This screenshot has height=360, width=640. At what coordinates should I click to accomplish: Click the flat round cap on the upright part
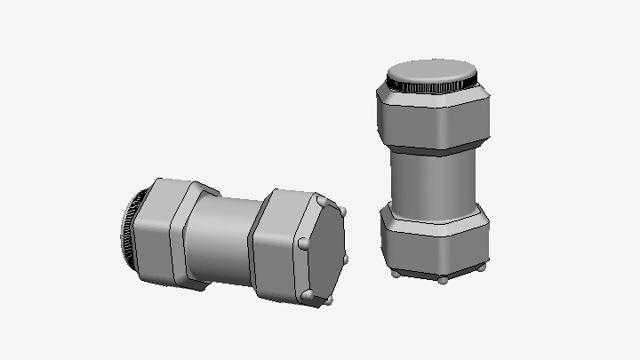433,70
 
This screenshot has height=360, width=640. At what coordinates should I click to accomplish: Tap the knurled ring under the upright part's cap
433,88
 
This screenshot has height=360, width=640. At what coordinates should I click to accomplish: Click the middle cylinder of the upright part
434,181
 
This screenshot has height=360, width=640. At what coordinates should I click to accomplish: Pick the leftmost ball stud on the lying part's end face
303,242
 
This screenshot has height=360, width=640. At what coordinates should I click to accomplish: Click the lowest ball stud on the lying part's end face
308,294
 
